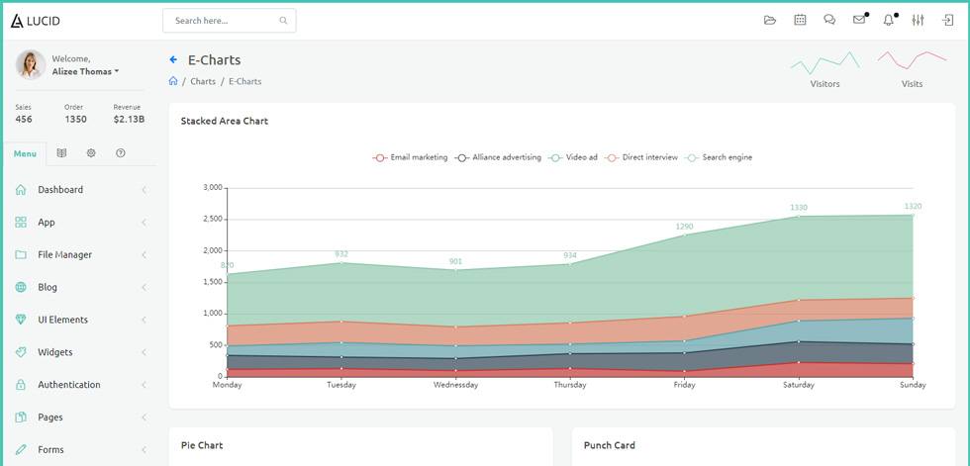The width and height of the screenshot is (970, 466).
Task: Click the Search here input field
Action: tap(229, 21)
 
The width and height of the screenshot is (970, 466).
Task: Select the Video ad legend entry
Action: tap(573, 157)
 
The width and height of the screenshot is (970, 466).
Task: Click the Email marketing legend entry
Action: tap(410, 157)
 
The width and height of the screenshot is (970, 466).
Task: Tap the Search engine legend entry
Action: tap(719, 157)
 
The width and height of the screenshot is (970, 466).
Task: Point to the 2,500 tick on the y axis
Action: tap(213, 219)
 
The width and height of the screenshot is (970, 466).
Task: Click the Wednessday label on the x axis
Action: tap(455, 385)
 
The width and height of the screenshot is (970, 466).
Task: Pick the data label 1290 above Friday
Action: tap(684, 227)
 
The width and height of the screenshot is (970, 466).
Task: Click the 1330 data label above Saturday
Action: tap(799, 208)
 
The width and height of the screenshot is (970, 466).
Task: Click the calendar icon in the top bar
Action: tap(800, 21)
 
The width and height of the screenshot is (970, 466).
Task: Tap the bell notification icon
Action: tap(889, 21)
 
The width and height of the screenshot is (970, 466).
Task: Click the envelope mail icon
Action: tap(859, 20)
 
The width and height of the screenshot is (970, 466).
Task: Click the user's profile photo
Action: tap(31, 65)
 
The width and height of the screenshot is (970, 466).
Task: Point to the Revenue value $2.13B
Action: tap(129, 120)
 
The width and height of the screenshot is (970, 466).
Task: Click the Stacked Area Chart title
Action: tap(225, 121)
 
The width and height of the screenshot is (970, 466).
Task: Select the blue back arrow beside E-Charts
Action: tap(173, 60)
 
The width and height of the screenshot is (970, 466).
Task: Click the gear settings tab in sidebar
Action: tap(91, 152)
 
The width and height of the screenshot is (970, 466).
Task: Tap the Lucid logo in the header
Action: tap(36, 21)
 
